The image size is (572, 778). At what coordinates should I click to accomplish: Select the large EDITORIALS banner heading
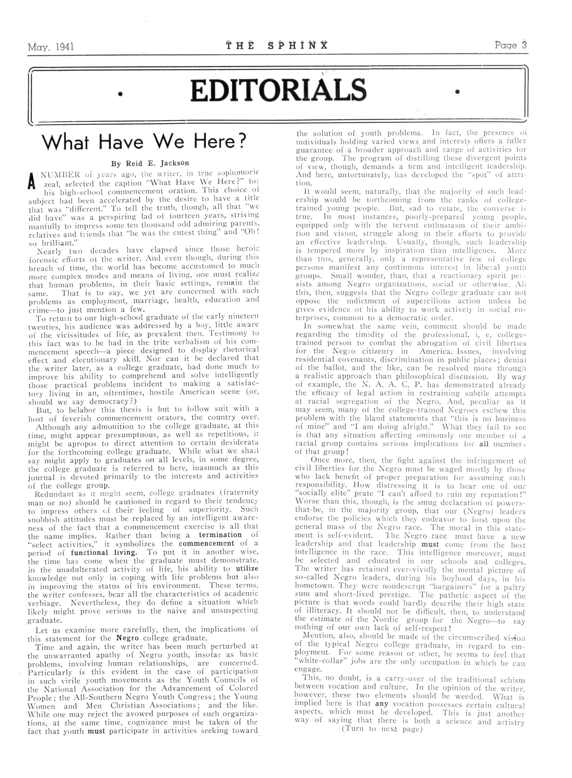coord(278,90)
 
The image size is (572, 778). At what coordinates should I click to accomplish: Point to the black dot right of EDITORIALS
coord(458,92)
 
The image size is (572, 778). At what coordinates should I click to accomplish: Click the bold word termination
coord(220,535)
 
